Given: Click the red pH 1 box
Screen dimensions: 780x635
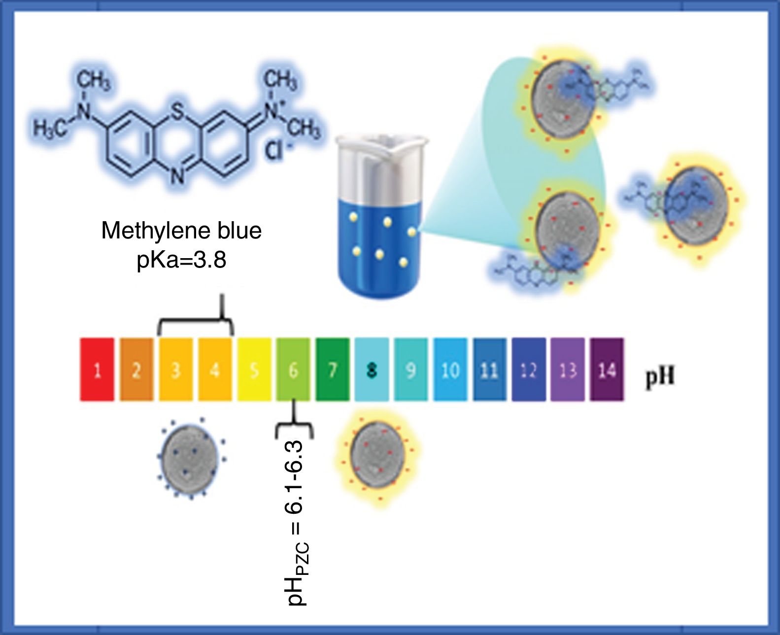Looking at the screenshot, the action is point(97,369).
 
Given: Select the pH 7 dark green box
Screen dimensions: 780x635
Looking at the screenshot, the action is point(333,369).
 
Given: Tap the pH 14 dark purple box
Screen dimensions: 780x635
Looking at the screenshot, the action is point(607,369).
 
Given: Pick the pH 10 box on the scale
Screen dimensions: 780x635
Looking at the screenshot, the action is point(450,369).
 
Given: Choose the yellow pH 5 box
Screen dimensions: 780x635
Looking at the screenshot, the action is point(254,369).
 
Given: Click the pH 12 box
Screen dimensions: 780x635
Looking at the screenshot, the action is point(528,369).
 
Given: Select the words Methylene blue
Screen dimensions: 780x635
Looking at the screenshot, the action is point(181,231).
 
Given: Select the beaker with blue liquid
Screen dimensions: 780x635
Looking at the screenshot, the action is point(377,217).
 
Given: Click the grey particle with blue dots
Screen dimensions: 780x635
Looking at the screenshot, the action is point(190,458).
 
